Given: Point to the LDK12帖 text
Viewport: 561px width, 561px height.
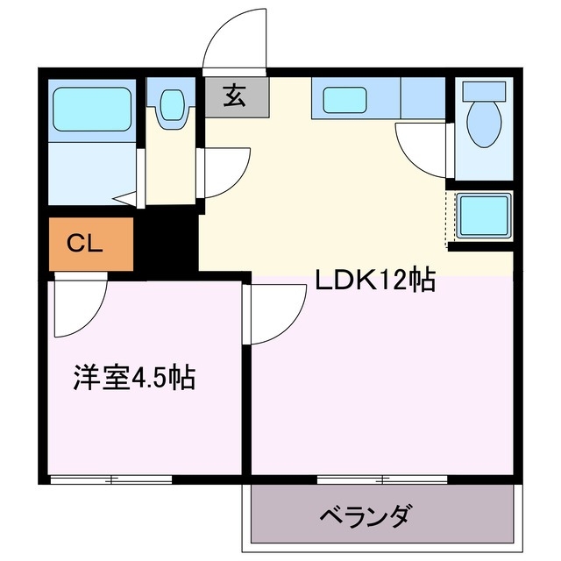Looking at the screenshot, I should coord(375,280).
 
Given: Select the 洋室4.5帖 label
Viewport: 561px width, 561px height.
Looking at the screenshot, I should coord(134,379).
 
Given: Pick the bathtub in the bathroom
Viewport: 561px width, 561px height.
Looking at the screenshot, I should coord(91,107).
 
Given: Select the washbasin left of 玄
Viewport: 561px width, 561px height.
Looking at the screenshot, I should coord(170,106).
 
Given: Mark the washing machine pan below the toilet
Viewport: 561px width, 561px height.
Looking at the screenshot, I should coord(483,213).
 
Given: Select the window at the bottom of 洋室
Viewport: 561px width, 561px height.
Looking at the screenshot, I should coord(110,479).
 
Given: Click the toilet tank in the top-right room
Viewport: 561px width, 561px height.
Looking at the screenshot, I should coord(484,91).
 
